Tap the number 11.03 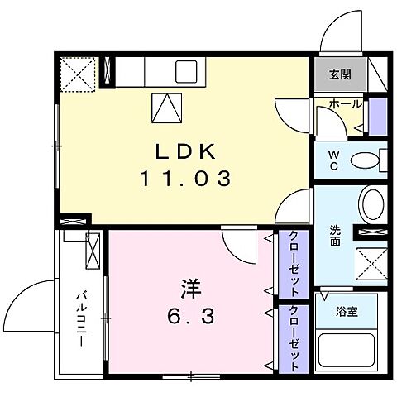coord(184,177)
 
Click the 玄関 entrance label coord(340,75)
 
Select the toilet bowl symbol coord(364,160)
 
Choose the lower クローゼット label coord(294,339)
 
